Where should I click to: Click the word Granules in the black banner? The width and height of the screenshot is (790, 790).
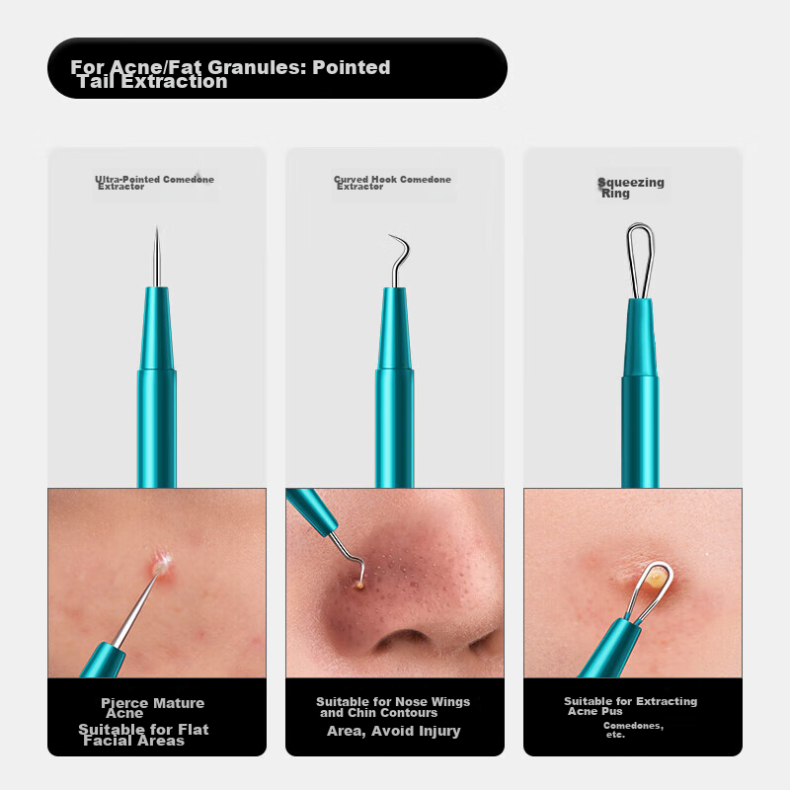click(256, 67)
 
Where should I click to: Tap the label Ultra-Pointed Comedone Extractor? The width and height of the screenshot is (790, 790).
click(155, 183)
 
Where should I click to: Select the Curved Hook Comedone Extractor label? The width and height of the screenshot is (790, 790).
click(392, 183)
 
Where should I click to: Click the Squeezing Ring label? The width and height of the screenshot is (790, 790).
click(631, 188)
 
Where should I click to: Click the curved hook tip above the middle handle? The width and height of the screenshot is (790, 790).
click(389, 236)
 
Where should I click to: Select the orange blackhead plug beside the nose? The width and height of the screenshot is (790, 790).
click(359, 585)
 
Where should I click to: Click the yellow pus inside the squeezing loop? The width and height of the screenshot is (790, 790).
click(657, 577)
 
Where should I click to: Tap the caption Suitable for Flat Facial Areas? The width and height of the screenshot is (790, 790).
click(143, 735)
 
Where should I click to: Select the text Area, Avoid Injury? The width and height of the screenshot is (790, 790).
click(393, 731)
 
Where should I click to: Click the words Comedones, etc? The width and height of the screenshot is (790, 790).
click(633, 730)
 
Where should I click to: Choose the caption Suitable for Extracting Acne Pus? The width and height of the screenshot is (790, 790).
click(630, 706)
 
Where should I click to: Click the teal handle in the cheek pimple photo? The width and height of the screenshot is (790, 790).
click(104, 660)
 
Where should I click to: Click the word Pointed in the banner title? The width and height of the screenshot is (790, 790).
click(352, 67)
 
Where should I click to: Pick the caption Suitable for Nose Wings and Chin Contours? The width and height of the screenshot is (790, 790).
click(393, 707)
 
